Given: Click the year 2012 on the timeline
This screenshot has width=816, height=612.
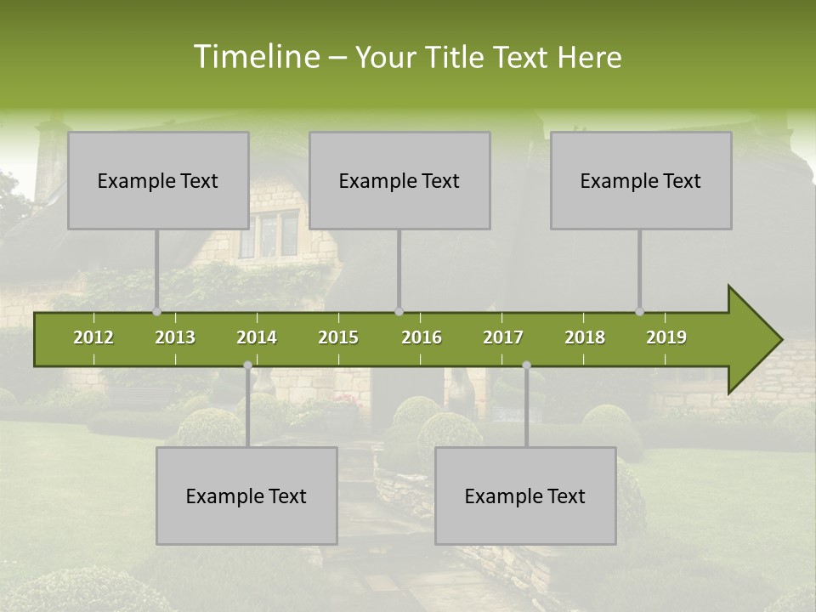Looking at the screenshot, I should click(93, 337).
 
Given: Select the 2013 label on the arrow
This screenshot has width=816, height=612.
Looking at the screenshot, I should click(175, 337).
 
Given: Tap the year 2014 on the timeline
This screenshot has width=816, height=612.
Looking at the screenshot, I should click(257, 337).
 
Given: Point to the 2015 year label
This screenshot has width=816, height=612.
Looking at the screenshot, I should click(338, 337).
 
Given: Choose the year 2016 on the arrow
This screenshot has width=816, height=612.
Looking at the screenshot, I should click(422, 337).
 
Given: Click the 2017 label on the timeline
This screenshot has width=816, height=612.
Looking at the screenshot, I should click(503, 337).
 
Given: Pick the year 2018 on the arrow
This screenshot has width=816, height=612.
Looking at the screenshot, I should click(585, 337).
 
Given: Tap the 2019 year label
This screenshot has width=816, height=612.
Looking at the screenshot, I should click(666, 337).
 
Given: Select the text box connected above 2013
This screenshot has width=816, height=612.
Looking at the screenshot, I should click(158, 180).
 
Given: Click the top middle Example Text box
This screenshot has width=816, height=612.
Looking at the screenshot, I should click(399, 180).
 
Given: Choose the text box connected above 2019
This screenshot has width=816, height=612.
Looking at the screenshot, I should click(641, 180).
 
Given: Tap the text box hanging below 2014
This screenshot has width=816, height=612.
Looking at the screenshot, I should click(246, 496).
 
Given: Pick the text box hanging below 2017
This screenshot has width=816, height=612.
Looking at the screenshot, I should click(525, 496).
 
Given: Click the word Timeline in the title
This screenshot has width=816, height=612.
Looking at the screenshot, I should click(255, 57).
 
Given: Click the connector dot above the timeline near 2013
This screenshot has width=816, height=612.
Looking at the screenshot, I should click(156, 312).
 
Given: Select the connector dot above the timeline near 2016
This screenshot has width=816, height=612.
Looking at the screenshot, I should click(399, 312).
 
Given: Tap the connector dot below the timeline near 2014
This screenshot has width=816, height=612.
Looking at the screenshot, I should click(247, 365).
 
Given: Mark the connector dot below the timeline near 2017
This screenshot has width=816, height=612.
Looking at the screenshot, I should click(526, 365).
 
